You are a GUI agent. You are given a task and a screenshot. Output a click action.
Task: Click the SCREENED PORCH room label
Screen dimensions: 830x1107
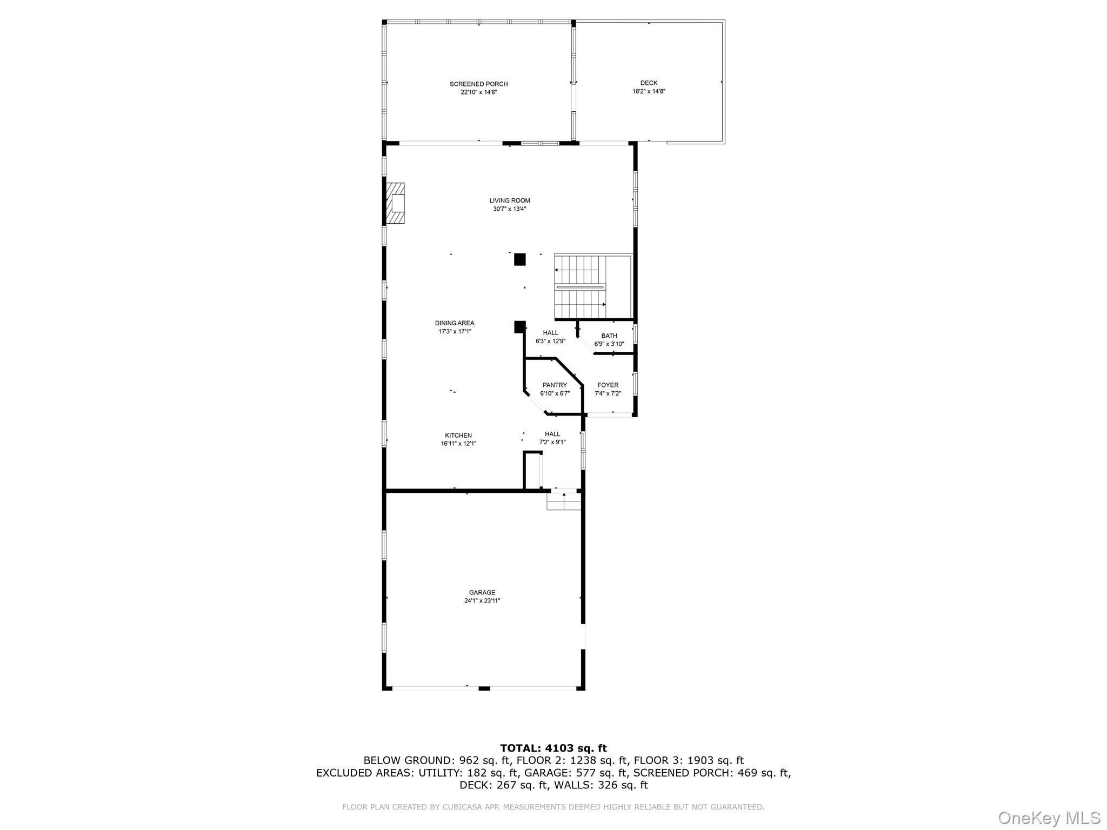click(x=478, y=84)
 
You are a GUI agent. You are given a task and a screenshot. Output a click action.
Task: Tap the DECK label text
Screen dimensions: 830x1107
click(x=649, y=83)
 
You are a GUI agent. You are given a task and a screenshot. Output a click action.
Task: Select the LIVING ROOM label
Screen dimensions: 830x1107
click(x=510, y=200)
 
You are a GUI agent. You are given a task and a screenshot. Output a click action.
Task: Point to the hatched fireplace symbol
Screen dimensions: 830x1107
click(x=395, y=204)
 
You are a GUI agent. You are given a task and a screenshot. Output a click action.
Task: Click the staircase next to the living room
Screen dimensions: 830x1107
click(x=581, y=287)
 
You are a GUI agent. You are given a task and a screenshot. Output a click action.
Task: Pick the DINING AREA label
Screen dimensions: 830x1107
click(x=455, y=323)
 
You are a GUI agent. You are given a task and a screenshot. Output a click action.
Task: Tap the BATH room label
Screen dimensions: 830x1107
click(x=609, y=336)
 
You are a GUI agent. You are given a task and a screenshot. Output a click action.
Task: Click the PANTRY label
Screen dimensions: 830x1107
click(x=555, y=385)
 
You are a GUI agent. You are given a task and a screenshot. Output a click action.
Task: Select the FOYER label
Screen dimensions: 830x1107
click(x=608, y=385)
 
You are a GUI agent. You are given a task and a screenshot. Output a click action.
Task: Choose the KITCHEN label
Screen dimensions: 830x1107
click(x=458, y=436)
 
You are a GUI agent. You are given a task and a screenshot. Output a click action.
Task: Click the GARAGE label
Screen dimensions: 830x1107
click(x=482, y=593)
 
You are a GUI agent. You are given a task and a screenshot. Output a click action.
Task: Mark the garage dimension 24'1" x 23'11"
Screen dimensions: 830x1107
click(x=482, y=601)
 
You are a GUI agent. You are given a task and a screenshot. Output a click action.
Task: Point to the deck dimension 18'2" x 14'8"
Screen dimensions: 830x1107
click(x=649, y=91)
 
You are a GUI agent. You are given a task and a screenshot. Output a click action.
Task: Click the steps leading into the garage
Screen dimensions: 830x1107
click(x=564, y=503)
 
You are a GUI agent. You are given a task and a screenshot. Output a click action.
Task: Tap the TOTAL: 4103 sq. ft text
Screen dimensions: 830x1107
click(x=553, y=748)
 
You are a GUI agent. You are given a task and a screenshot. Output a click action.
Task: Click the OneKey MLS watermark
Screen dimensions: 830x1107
click(x=1049, y=818)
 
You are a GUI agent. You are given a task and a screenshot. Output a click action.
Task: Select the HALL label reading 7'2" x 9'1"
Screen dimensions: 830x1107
click(x=552, y=438)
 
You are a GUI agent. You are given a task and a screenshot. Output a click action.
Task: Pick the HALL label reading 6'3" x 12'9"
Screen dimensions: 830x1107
click(x=550, y=337)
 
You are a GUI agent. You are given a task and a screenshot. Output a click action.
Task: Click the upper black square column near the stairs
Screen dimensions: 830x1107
click(x=519, y=259)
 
